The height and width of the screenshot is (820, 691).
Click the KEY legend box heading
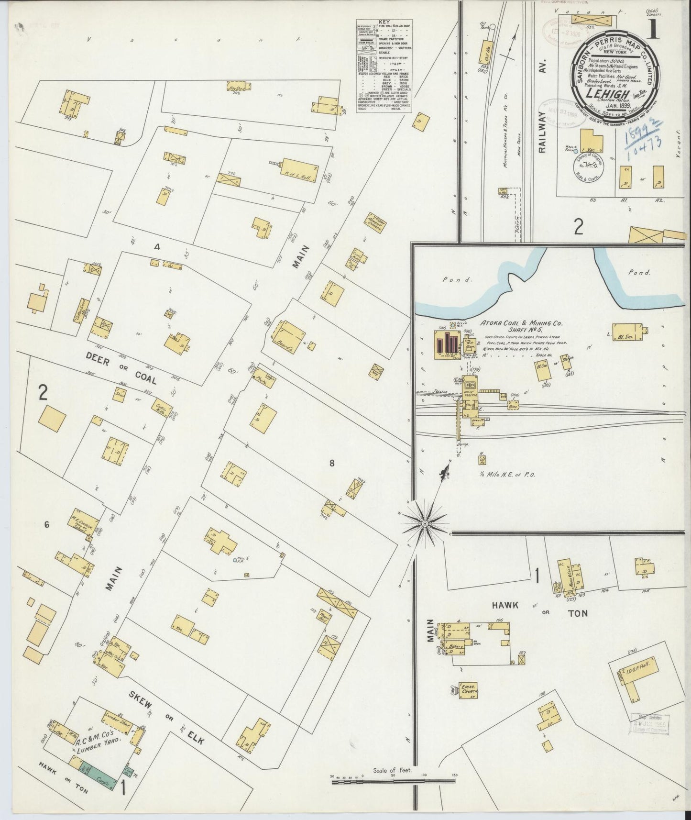tap(384, 22)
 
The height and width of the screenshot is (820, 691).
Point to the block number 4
tap(156, 247)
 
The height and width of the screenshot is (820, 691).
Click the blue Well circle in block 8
tap(234, 559)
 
